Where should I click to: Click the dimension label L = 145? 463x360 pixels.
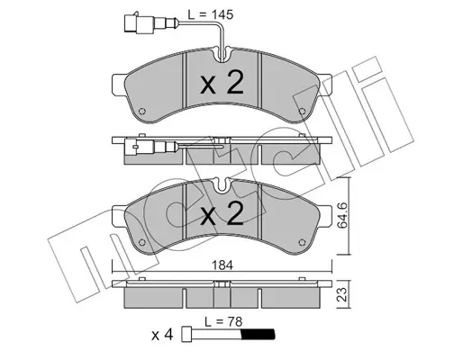[211, 14]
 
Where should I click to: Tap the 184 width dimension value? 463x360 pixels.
[222, 265]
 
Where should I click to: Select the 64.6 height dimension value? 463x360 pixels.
[342, 215]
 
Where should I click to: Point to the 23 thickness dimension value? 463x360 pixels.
[342, 294]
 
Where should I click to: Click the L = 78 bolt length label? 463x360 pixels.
[223, 322]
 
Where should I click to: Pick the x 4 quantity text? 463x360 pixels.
[162, 335]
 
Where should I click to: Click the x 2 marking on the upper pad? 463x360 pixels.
[222, 83]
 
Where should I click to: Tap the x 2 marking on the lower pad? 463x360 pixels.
[222, 212]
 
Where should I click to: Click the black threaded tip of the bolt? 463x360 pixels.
[258, 334]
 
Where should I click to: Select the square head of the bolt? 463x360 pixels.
[186, 334]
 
